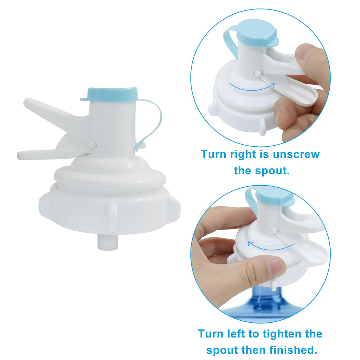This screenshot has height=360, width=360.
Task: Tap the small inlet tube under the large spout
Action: tap(108, 241)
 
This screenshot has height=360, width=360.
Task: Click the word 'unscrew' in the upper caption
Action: tap(296, 155)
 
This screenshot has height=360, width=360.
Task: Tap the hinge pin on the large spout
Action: tap(93, 144)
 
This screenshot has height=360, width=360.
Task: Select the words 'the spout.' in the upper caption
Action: tap(262, 171)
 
